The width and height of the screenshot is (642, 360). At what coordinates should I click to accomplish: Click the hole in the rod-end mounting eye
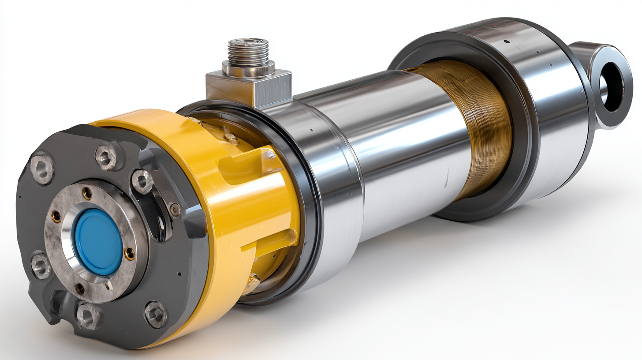pyautogui.click(x=612, y=87)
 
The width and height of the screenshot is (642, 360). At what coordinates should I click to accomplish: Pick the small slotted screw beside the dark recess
pyautogui.click(x=175, y=210)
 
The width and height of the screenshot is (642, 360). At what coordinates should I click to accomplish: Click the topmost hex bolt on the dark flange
pyautogui.click(x=106, y=157)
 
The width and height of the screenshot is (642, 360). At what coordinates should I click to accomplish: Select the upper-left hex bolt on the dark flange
pyautogui.click(x=42, y=168)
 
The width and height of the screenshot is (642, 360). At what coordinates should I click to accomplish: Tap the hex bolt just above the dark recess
pyautogui.click(x=142, y=181)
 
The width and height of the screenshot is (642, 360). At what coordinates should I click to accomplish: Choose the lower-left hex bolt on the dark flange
pyautogui.click(x=41, y=266)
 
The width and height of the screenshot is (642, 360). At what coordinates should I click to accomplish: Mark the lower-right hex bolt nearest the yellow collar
pyautogui.click(x=157, y=314)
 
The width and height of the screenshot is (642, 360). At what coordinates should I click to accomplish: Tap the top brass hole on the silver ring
pyautogui.click(x=87, y=193)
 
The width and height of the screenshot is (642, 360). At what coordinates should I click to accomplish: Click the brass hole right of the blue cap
pyautogui.click(x=130, y=253)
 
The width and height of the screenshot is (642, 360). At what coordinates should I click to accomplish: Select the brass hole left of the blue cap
pyautogui.click(x=56, y=216)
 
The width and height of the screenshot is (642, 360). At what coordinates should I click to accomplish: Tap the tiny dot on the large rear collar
pyautogui.click(x=507, y=42)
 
